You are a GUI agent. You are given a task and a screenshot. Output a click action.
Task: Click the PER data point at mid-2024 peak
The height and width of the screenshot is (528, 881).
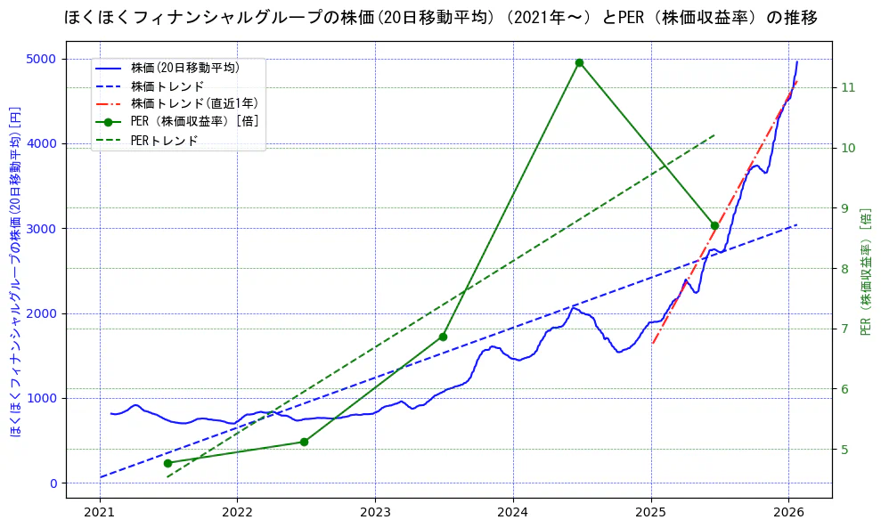tap(579, 62)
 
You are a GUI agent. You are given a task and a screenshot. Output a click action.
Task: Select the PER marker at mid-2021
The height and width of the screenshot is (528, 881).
tap(167, 463)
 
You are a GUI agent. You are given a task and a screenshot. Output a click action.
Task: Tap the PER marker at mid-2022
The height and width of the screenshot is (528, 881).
tap(304, 442)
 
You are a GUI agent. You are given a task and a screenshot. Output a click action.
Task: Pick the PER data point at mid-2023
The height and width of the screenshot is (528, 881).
tap(443, 337)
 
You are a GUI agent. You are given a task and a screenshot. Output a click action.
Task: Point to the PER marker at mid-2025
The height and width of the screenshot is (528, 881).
tap(714, 225)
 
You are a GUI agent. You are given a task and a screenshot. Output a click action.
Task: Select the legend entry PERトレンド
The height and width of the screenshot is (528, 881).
tap(164, 141)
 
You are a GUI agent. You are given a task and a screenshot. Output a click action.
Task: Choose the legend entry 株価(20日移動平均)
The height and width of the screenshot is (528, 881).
tap(184, 67)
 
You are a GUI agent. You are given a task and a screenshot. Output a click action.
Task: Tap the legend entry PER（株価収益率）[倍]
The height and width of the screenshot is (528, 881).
tap(194, 122)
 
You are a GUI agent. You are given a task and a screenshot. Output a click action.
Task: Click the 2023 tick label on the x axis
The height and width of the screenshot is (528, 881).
tap(375, 513)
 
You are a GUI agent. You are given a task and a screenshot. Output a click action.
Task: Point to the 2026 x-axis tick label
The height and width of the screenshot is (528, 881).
tap(788, 513)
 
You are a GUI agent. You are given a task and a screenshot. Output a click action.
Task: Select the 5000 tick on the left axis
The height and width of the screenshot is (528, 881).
tap(64, 59)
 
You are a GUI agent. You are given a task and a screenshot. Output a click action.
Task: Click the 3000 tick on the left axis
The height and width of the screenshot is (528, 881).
tap(64, 229)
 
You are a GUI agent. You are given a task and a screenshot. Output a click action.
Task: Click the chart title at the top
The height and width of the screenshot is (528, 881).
tap(441, 18)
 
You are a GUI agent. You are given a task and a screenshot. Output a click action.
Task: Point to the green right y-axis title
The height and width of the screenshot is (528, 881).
tap(866, 272)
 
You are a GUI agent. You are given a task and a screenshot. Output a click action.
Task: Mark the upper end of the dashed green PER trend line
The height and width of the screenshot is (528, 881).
tap(714, 134)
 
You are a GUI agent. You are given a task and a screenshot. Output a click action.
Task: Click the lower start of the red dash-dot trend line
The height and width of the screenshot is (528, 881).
tap(652, 344)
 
